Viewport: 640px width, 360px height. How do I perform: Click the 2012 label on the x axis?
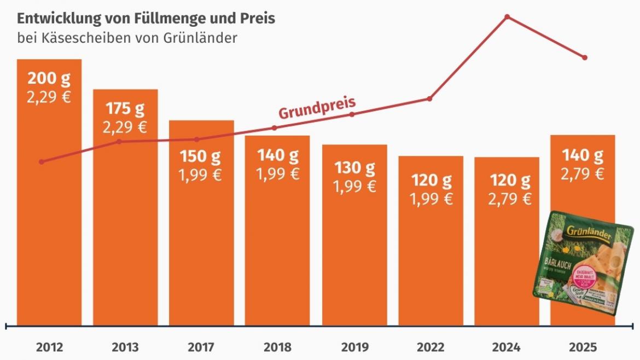pyautogui.click(x=49, y=347)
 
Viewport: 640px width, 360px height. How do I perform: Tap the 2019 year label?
pyautogui.click(x=354, y=347)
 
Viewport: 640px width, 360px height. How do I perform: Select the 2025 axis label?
pyautogui.click(x=583, y=347)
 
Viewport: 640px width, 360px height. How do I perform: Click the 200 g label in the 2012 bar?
pyautogui.click(x=49, y=79)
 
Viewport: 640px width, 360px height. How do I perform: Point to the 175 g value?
pyautogui.click(x=125, y=109)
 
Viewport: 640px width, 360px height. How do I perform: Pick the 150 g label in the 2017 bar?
pyautogui.click(x=201, y=156)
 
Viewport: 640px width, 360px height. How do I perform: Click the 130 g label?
pyautogui.click(x=354, y=167)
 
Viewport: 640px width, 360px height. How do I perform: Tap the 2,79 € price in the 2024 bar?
pyautogui.click(x=507, y=199)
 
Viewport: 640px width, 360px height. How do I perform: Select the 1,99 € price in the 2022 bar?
pyautogui.click(x=431, y=199)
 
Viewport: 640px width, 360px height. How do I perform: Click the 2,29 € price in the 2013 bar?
pyautogui.click(x=125, y=127)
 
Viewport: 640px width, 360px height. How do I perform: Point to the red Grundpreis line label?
pyautogui.click(x=317, y=108)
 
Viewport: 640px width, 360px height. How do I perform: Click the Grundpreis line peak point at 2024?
pyautogui.click(x=507, y=17)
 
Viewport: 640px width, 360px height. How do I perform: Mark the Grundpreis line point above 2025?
pyautogui.click(x=585, y=57)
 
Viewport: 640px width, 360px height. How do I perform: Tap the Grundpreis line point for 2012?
pyautogui.click(x=42, y=162)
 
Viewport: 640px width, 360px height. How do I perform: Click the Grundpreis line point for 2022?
pyautogui.click(x=429, y=98)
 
